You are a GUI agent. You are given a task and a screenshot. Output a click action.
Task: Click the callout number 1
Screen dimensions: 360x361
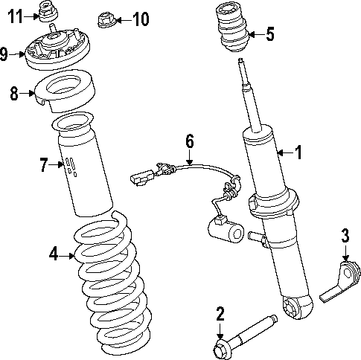[298, 153]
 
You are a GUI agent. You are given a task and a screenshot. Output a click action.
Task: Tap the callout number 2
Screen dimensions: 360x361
[220, 312]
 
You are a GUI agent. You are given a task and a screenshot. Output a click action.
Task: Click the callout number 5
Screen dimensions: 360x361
[269, 33]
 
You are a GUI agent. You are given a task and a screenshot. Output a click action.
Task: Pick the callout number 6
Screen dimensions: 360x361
[189, 140]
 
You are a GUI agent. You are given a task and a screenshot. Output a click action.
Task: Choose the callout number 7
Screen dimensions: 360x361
[43, 164]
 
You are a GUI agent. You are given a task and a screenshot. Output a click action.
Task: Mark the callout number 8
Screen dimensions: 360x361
[13, 94]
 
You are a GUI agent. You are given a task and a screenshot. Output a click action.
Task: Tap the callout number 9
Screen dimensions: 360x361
[5, 54]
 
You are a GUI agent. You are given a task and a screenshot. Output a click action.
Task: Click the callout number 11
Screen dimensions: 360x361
[16, 15]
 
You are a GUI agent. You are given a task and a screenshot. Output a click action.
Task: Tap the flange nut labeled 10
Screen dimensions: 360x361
[106, 19]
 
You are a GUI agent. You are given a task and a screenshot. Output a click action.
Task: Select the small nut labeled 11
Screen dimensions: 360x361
[49, 12]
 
